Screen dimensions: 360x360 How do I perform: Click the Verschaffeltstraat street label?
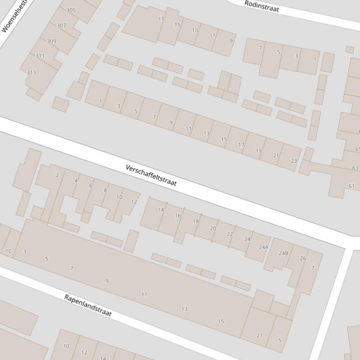click(151, 175)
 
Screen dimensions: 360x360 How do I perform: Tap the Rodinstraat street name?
click(262, 7)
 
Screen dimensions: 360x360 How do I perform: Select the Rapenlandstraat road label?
click(88, 305)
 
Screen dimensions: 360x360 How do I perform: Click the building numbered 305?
click(71, 10)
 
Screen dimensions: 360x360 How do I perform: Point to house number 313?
click(31, 72)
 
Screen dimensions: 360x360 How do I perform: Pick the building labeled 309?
click(51, 41)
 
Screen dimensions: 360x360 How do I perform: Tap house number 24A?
click(264, 247)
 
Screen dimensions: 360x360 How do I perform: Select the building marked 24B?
click(283, 253)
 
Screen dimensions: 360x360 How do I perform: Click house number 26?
click(303, 258)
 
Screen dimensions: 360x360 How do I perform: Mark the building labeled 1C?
click(8, 251)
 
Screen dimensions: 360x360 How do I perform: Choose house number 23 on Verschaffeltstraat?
click(294, 160)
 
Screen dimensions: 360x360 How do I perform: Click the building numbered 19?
click(258, 151)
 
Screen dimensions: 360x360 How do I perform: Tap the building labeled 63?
click(355, 167)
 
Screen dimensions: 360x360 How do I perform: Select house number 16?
click(177, 216)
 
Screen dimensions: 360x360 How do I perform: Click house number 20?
click(213, 228)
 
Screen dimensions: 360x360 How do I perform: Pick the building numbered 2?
click(58, 175)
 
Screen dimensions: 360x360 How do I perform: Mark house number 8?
click(105, 190)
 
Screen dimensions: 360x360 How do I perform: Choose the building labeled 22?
click(230, 234)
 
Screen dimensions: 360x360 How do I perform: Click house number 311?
click(40, 56)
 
